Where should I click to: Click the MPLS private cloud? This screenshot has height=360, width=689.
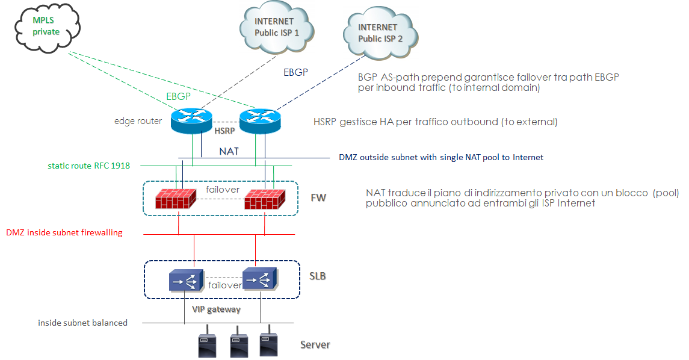pyautogui.click(x=46, y=26)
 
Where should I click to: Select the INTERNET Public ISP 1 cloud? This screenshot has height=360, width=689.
pyautogui.click(x=276, y=28)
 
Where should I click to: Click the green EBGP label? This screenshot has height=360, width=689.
pyautogui.click(x=179, y=97)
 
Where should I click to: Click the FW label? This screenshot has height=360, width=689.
pyautogui.click(x=318, y=197)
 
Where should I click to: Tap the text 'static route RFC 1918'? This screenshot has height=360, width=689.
pyautogui.click(x=89, y=166)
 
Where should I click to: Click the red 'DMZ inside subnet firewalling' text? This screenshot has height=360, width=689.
pyautogui.click(x=64, y=232)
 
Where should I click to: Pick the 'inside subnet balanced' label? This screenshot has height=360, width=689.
pyautogui.click(x=82, y=323)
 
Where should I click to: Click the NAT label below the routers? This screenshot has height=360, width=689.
pyautogui.click(x=229, y=151)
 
